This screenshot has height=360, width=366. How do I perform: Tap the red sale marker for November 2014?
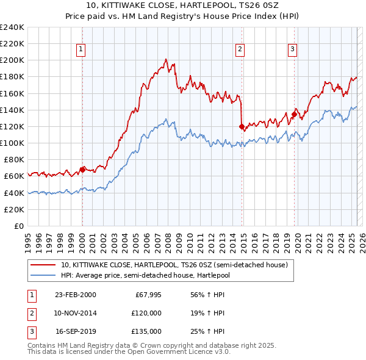click(242, 126)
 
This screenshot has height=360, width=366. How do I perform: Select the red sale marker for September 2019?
click(294, 114)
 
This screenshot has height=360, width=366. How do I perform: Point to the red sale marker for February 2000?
click(82, 170)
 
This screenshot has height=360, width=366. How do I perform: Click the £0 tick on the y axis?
click(18, 226)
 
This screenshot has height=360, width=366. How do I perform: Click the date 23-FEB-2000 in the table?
click(75, 295)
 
